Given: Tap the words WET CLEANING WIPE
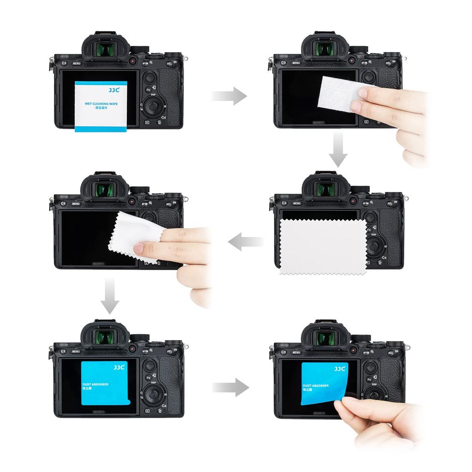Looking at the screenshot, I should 101,104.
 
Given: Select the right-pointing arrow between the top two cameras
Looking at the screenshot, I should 229,96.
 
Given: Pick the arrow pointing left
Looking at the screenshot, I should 245,242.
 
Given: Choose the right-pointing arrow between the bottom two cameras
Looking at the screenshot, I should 230,387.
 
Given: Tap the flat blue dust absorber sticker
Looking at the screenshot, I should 103,383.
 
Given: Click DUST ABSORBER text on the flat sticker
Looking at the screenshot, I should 95,384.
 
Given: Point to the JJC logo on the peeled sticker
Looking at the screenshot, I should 340,369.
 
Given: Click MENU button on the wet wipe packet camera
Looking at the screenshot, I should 77,63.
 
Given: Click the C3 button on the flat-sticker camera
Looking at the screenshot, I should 63,351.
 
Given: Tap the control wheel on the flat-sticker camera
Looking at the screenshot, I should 152,395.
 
